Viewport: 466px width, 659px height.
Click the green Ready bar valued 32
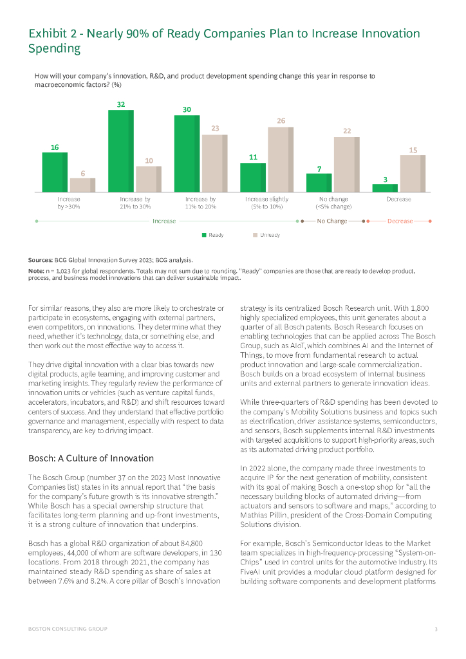click(120, 151)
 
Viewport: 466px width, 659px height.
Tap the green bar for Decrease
click(385, 188)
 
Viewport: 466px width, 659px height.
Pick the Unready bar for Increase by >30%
click(82, 185)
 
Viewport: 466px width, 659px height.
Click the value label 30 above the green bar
click(187, 110)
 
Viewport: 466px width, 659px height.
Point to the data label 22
click(347, 131)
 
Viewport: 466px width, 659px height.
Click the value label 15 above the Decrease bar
click(413, 150)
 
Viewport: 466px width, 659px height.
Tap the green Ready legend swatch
click(204, 235)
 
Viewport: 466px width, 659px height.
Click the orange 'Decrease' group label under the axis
click(400, 221)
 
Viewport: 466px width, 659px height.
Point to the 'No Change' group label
click(332, 221)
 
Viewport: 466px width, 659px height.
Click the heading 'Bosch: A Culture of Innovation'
click(91, 458)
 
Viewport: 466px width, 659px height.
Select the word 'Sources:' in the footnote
click(40, 260)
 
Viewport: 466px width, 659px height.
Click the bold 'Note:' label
click(36, 272)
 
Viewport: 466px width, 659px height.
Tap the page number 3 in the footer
click(436, 628)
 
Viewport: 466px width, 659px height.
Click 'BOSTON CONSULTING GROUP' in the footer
click(68, 628)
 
